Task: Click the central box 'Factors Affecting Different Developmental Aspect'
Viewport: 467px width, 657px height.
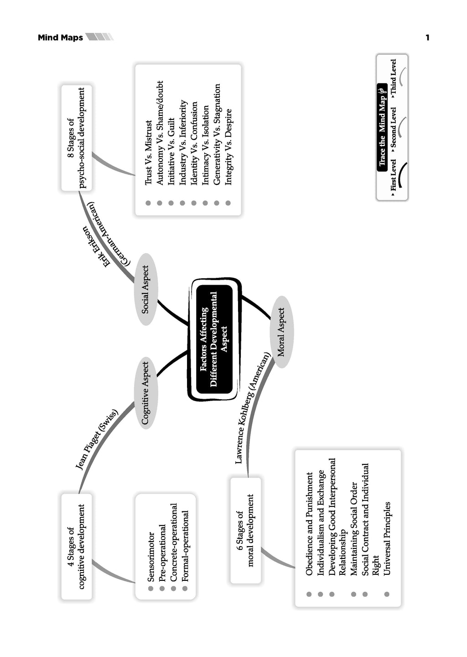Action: [214, 339]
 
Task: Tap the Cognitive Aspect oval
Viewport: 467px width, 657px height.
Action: [145, 393]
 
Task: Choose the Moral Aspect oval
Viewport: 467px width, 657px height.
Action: [281, 332]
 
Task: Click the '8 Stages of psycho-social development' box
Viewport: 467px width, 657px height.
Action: [76, 138]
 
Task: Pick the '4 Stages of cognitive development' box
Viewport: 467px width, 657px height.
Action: [76, 546]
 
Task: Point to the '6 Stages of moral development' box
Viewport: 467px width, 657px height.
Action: [245, 530]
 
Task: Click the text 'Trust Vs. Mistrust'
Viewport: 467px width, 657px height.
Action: [148, 153]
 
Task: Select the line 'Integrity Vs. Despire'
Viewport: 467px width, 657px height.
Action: [228, 146]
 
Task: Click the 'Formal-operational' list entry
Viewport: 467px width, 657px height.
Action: [185, 546]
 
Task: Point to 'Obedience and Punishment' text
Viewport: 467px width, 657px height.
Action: [310, 523]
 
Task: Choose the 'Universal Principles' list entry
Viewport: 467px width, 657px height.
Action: [387, 538]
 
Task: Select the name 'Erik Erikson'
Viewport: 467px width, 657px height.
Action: [97, 246]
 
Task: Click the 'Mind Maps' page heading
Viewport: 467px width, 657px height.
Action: [60, 37]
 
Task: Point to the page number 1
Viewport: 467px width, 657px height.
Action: [427, 37]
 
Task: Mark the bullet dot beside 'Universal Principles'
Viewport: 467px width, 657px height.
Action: [387, 594]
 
